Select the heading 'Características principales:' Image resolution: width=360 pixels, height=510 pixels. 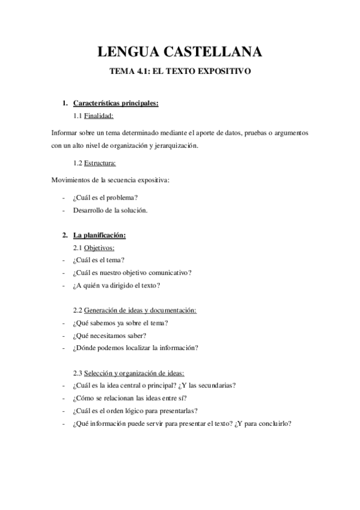tap(115, 103)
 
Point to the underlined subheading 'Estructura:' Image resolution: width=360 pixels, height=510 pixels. tap(100, 163)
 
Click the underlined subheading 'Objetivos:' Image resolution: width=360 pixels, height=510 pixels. tap(99, 247)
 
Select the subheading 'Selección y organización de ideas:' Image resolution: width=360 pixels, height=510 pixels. tap(138, 373)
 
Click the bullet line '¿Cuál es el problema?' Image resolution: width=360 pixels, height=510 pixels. tap(105, 197)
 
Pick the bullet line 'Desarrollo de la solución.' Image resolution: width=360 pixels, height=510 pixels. tap(110, 210)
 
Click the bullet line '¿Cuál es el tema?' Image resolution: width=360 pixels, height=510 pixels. tap(99, 260)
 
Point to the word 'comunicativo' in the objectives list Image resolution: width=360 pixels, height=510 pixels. tap(169, 272)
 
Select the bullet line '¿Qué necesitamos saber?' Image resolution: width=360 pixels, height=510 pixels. tap(109, 335)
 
